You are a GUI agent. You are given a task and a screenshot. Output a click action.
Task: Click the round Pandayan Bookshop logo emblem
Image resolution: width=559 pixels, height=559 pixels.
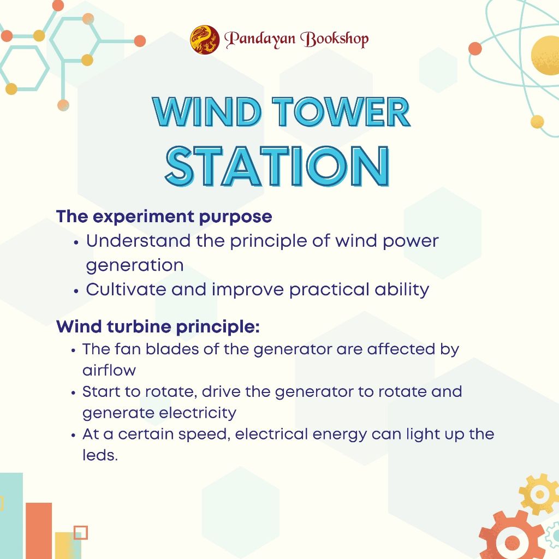[205, 39]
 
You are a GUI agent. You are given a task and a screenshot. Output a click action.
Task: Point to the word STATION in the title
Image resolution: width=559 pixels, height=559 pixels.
[277, 166]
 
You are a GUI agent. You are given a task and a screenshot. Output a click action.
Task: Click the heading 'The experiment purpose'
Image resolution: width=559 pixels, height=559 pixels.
[164, 216]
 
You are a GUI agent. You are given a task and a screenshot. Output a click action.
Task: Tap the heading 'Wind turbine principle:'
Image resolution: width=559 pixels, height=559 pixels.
[158, 326]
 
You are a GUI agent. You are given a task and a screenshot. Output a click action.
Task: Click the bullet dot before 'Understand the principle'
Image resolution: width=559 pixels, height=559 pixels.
[75, 242]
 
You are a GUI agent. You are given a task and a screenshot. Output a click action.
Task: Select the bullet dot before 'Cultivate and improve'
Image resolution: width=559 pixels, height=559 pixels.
[75, 290]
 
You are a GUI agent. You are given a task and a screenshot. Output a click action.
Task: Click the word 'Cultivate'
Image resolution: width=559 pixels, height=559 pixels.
[126, 289]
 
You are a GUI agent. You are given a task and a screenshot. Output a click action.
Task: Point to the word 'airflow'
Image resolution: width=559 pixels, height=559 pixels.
[109, 371]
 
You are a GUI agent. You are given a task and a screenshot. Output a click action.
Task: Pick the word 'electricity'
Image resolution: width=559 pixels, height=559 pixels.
[198, 413]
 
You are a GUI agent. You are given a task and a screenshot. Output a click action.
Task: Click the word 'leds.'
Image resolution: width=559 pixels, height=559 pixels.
[100, 455]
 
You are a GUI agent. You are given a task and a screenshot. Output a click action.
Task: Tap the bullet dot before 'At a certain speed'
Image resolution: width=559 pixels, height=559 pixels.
[73, 435]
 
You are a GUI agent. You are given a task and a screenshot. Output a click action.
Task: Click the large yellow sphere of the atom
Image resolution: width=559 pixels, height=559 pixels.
[545, 55]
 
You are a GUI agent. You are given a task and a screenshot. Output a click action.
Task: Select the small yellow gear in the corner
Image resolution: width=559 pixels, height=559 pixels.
[539, 494]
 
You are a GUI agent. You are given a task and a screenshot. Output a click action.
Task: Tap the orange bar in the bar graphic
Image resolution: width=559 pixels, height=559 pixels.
[39, 531]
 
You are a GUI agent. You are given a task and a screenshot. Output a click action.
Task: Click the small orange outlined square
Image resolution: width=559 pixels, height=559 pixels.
[81, 532]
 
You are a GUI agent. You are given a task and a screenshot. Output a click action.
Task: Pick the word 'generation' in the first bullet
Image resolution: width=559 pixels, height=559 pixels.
[135, 266]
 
